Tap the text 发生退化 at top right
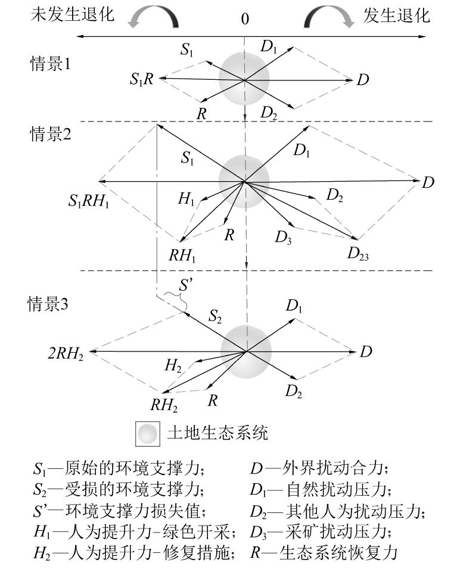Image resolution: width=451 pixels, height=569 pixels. click(x=396, y=15)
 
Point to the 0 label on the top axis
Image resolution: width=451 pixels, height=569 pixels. click(x=244, y=19)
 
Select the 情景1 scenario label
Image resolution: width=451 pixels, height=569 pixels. click(x=51, y=63)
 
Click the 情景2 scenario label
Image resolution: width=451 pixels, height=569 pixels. click(x=51, y=134)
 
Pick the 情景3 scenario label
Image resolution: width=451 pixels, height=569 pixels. click(x=51, y=304)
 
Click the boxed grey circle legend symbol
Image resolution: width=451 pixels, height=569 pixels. click(x=147, y=433)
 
